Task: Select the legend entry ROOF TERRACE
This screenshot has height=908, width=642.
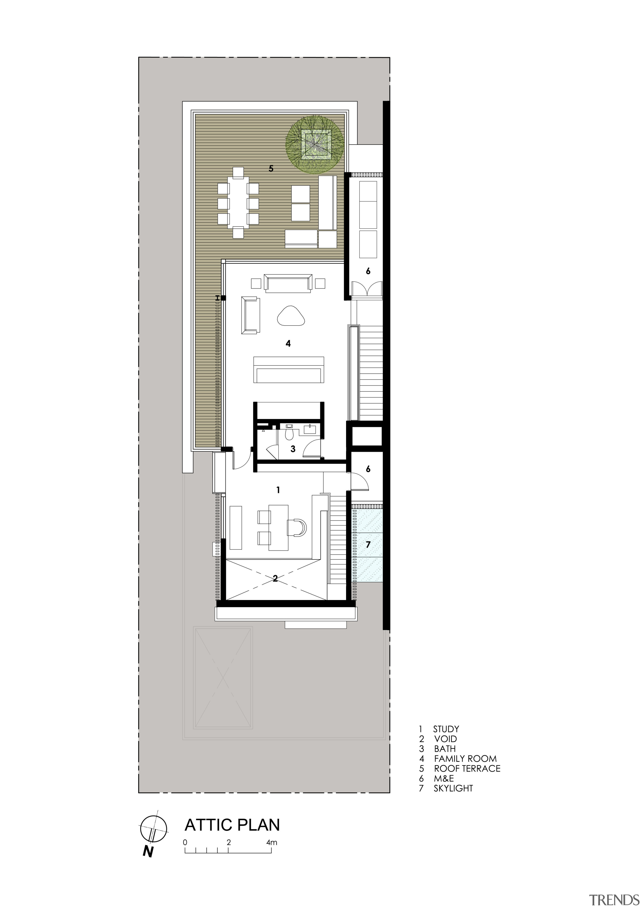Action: point(467,768)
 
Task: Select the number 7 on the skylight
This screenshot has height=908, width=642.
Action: point(368,545)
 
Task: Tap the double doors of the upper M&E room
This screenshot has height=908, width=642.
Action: point(368,289)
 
